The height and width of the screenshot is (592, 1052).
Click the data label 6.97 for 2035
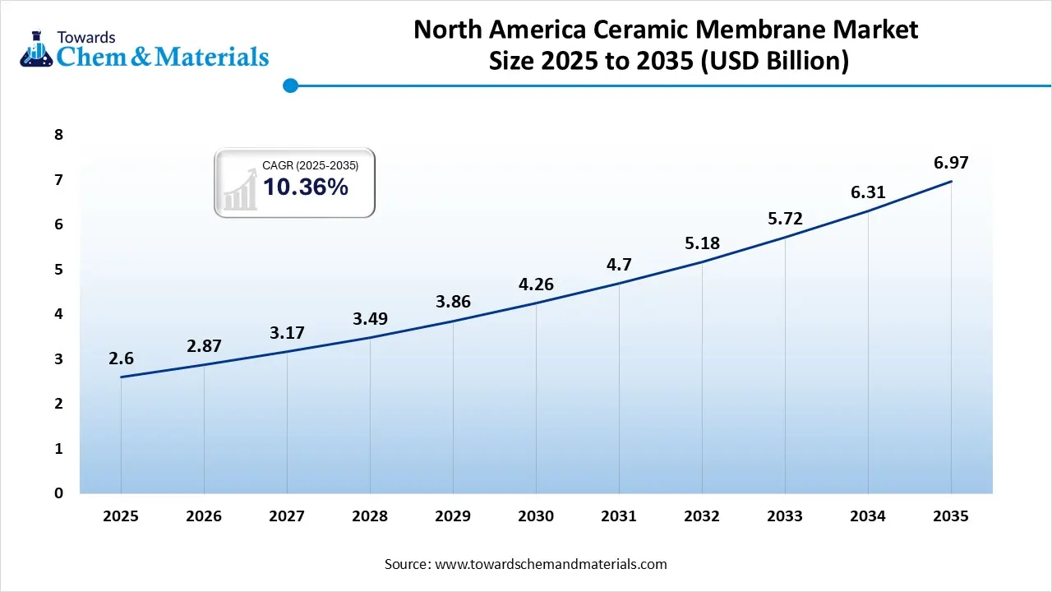tap(951, 163)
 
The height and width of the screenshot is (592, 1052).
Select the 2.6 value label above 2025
tap(121, 358)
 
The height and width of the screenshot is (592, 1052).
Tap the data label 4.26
tap(536, 284)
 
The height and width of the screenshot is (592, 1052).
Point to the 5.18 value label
tap(702, 243)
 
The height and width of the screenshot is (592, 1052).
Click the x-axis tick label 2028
tap(370, 516)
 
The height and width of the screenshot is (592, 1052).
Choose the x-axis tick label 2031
tap(619, 516)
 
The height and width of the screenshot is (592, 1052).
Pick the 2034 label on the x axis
tap(868, 516)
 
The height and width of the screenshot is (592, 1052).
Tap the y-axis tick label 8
tap(58, 135)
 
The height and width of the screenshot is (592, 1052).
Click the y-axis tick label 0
tap(58, 493)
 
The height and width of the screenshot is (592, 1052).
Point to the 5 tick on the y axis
tap(58, 270)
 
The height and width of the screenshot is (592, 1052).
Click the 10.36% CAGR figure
tap(305, 187)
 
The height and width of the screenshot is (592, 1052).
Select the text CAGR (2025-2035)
tap(310, 166)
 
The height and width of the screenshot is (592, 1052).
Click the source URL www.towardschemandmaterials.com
tap(550, 564)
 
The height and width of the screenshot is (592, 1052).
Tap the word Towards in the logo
tap(85, 37)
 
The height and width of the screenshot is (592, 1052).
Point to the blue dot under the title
tap(289, 85)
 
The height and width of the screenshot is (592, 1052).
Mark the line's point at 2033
tap(785, 238)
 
